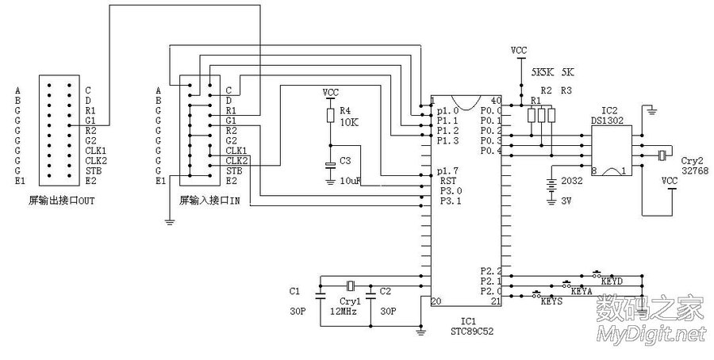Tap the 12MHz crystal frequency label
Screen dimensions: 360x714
344,312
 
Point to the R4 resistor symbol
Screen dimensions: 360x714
331,116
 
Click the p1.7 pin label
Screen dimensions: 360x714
448,170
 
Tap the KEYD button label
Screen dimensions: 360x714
611,281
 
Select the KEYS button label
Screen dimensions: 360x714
552,302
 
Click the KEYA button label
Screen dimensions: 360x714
582,292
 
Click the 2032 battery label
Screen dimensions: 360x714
572,181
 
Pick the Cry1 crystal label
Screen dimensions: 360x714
350,301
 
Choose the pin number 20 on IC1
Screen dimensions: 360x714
436,301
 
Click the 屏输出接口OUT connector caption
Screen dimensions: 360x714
61,200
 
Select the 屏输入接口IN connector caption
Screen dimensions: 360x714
210,200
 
